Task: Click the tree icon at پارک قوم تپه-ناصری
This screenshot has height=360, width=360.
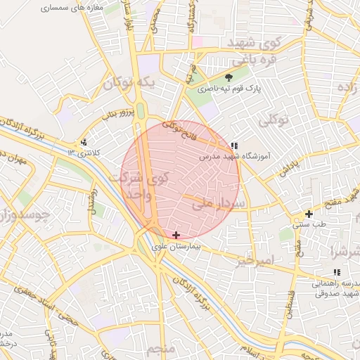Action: pos(229,78)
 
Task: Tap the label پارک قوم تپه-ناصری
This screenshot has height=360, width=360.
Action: pos(228,89)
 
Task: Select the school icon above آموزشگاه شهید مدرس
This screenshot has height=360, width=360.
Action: pos(233,146)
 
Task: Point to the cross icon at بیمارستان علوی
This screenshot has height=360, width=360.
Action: pos(176,234)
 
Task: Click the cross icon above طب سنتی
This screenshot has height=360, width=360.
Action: pos(309,214)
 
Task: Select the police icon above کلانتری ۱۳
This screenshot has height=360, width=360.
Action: pos(84,142)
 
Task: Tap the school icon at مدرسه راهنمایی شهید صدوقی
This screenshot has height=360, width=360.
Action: pos(337,272)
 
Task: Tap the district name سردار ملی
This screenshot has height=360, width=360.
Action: pos(217,205)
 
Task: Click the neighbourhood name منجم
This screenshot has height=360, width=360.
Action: pos(162,349)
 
